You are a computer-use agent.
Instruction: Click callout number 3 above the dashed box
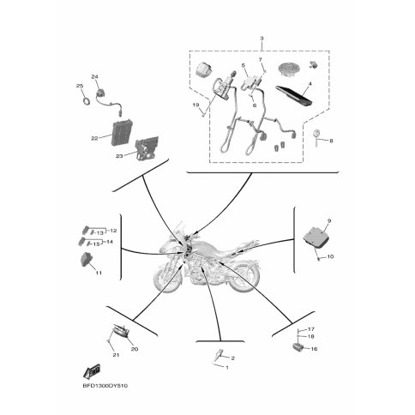point(262,38)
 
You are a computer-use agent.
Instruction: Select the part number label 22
point(94,138)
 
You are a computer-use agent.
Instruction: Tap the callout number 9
point(329,220)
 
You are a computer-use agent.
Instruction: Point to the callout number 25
point(80,86)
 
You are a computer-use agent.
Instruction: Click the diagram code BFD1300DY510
point(105,386)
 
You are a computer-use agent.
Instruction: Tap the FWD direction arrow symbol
point(92,370)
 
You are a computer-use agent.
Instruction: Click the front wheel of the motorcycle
point(166,278)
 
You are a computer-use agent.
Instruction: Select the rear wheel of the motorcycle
point(245,277)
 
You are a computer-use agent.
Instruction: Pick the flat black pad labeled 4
point(293,94)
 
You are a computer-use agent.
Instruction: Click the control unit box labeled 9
point(316,237)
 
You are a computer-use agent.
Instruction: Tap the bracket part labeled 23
point(147,150)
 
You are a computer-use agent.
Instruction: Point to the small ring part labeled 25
point(86,101)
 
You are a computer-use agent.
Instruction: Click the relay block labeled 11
point(87,260)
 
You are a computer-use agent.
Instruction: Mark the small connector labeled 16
point(297,347)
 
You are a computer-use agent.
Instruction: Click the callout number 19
point(195,105)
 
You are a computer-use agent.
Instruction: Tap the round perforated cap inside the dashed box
point(289,69)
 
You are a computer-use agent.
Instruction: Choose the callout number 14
point(110,242)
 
